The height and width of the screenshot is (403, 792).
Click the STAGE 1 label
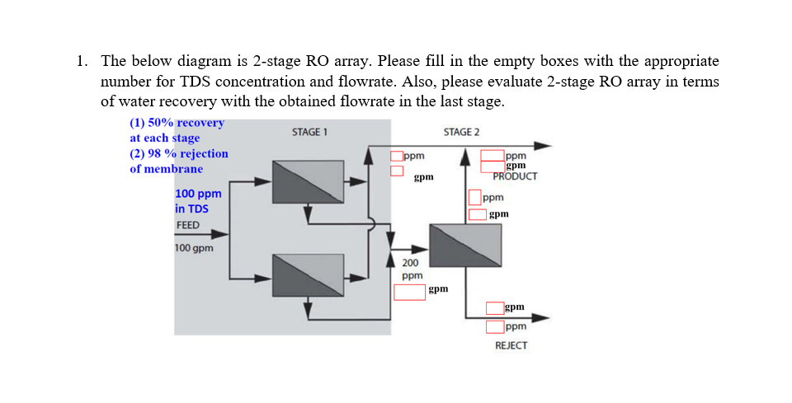click(x=310, y=132)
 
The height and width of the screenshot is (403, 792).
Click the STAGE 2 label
click(x=461, y=132)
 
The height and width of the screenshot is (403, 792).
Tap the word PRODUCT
click(x=515, y=176)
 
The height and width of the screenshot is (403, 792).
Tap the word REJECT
click(x=511, y=345)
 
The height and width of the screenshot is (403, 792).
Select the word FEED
click(x=187, y=225)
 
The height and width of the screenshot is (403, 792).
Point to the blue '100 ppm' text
click(x=198, y=194)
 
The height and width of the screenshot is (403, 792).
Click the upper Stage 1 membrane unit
click(x=309, y=181)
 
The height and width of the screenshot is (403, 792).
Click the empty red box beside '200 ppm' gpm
click(x=409, y=292)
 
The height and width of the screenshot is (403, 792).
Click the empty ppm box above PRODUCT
click(x=493, y=155)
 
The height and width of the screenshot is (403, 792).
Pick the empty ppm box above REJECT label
click(x=494, y=326)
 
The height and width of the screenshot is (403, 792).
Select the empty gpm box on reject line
click(x=494, y=308)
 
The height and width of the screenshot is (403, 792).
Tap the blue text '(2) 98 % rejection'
click(x=179, y=153)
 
